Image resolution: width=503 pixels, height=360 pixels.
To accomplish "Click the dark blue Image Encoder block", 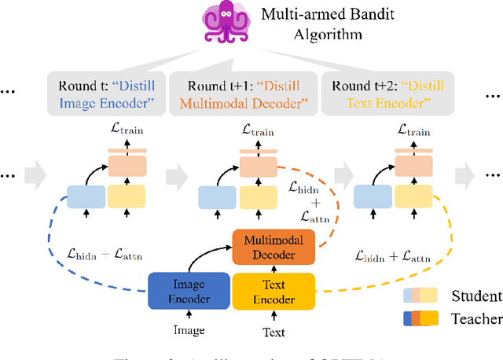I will (189, 292).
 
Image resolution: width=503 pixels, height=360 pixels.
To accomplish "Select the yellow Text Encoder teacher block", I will (274, 292).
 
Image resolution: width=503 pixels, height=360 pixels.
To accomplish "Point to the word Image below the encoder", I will (189, 332).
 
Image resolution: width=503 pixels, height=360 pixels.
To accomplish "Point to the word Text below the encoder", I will (274, 332).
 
